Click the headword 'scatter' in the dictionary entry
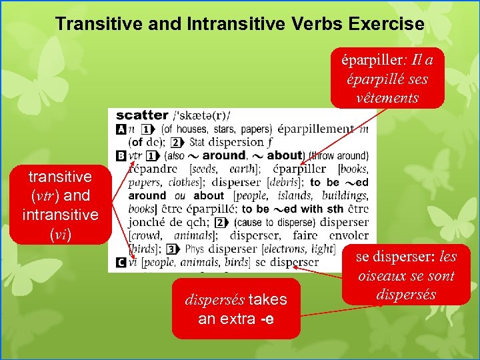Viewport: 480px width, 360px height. (142, 115)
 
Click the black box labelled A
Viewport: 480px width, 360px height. (121, 129)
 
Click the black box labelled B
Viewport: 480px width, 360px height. (121, 155)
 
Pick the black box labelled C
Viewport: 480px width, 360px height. (121, 263)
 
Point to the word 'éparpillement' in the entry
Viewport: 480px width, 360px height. (315, 129)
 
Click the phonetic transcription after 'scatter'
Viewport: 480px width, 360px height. (201, 115)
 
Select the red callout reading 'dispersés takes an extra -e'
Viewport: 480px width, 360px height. (235, 309)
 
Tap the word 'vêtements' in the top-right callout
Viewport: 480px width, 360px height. (387, 97)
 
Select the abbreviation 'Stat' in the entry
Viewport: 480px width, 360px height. (197, 142)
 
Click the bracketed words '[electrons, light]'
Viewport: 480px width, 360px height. (303, 249)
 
